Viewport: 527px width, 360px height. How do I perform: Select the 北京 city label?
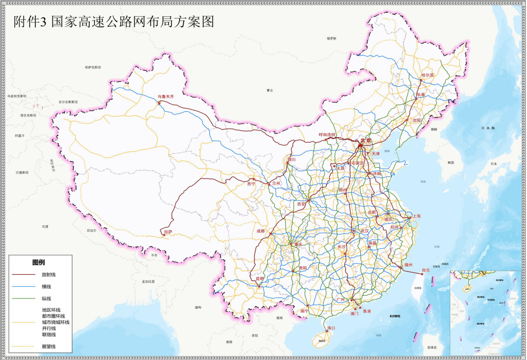click(365, 140)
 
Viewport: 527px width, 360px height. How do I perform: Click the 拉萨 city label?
click(168, 232)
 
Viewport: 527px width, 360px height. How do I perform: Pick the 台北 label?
click(425, 270)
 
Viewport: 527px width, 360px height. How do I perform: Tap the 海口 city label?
click(331, 328)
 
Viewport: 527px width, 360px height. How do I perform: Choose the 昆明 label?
click(259, 278)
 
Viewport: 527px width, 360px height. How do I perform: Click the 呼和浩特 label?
click(327, 134)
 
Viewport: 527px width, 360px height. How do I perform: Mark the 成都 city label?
click(261, 231)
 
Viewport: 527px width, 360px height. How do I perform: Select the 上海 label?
click(416, 216)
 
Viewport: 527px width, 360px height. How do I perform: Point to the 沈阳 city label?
click(416, 120)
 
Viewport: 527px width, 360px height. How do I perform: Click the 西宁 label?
click(251, 183)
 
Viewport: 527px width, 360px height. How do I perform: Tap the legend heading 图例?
click(39, 262)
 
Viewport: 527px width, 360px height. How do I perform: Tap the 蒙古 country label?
click(270, 90)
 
